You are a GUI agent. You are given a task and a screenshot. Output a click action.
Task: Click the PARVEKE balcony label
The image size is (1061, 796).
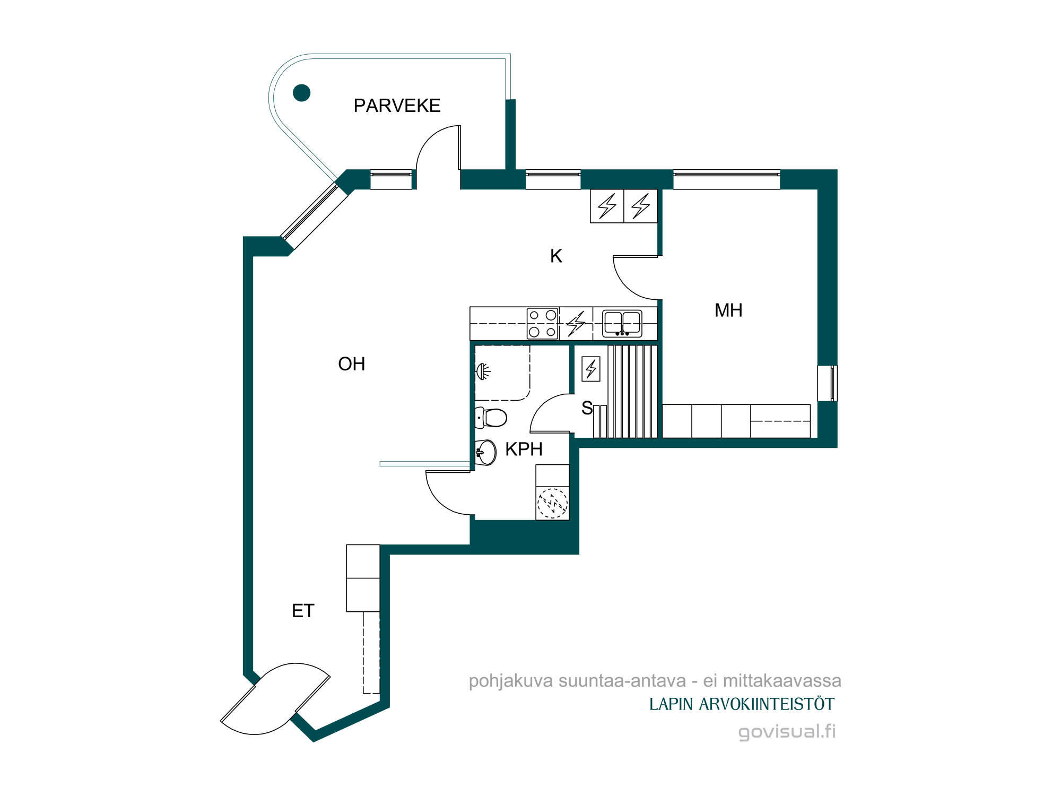tap(397, 106)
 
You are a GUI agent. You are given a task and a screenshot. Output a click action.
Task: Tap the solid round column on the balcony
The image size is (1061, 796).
tap(301, 93)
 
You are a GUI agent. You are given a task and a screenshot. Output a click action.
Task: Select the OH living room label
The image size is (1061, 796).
tap(351, 364)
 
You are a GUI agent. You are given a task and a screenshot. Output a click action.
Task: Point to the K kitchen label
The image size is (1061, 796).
tap(556, 256)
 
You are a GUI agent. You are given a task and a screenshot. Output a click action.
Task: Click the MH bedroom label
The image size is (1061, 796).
tap(728, 310)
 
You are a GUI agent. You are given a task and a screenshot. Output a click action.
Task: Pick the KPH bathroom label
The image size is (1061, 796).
tap(524, 449)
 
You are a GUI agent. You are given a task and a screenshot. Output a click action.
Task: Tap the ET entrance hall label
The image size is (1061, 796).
tap(303, 611)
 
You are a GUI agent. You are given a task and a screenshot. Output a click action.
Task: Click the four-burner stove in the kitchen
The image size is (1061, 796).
tap(543, 323)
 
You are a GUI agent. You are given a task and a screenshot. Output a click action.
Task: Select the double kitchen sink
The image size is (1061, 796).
tap(622, 324)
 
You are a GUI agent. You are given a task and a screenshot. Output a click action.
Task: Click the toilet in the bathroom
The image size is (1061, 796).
tap(491, 418)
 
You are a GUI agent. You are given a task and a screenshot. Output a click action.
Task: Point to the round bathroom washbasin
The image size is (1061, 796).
tap(485, 453)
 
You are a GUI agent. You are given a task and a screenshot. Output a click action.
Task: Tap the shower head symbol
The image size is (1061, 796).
tap(483, 371)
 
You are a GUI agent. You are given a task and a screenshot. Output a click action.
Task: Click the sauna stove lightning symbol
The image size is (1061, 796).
tap(591, 369)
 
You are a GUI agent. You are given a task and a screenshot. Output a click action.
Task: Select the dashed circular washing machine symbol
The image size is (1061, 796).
tap(552, 503)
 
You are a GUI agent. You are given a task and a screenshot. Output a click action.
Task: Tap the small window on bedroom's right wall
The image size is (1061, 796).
tap(828, 383)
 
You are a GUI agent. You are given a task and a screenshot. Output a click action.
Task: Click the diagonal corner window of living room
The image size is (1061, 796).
tap(314, 216)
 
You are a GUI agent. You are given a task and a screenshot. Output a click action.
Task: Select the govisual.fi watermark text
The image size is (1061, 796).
tap(787, 731)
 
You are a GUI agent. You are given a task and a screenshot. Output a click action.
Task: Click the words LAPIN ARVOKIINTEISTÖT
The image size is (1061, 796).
tap(742, 704)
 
